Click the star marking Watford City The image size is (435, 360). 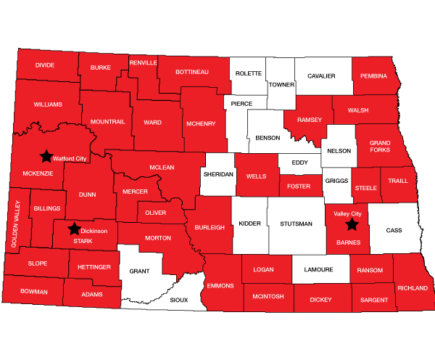click(x=46, y=155)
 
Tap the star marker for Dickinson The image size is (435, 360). click(x=73, y=229)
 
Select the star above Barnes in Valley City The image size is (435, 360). click(x=352, y=224)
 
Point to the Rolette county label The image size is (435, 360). click(x=249, y=73)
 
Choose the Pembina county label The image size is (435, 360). click(x=374, y=75)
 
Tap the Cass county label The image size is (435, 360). click(x=394, y=230)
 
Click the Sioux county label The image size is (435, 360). click(x=178, y=299)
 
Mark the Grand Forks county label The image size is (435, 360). click(x=378, y=147)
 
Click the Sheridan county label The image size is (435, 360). click(x=217, y=175)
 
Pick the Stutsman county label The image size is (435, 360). click(x=296, y=224)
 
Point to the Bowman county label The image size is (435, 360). click(x=34, y=292)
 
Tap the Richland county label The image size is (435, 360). click(x=412, y=288)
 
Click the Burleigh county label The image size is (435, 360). click(x=210, y=227)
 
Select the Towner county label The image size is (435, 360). click(x=281, y=84)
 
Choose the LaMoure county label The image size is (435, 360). click(x=319, y=270)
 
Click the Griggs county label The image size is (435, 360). click(x=336, y=179)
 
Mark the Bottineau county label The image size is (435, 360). click(x=193, y=72)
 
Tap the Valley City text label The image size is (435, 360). click(x=347, y=214)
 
